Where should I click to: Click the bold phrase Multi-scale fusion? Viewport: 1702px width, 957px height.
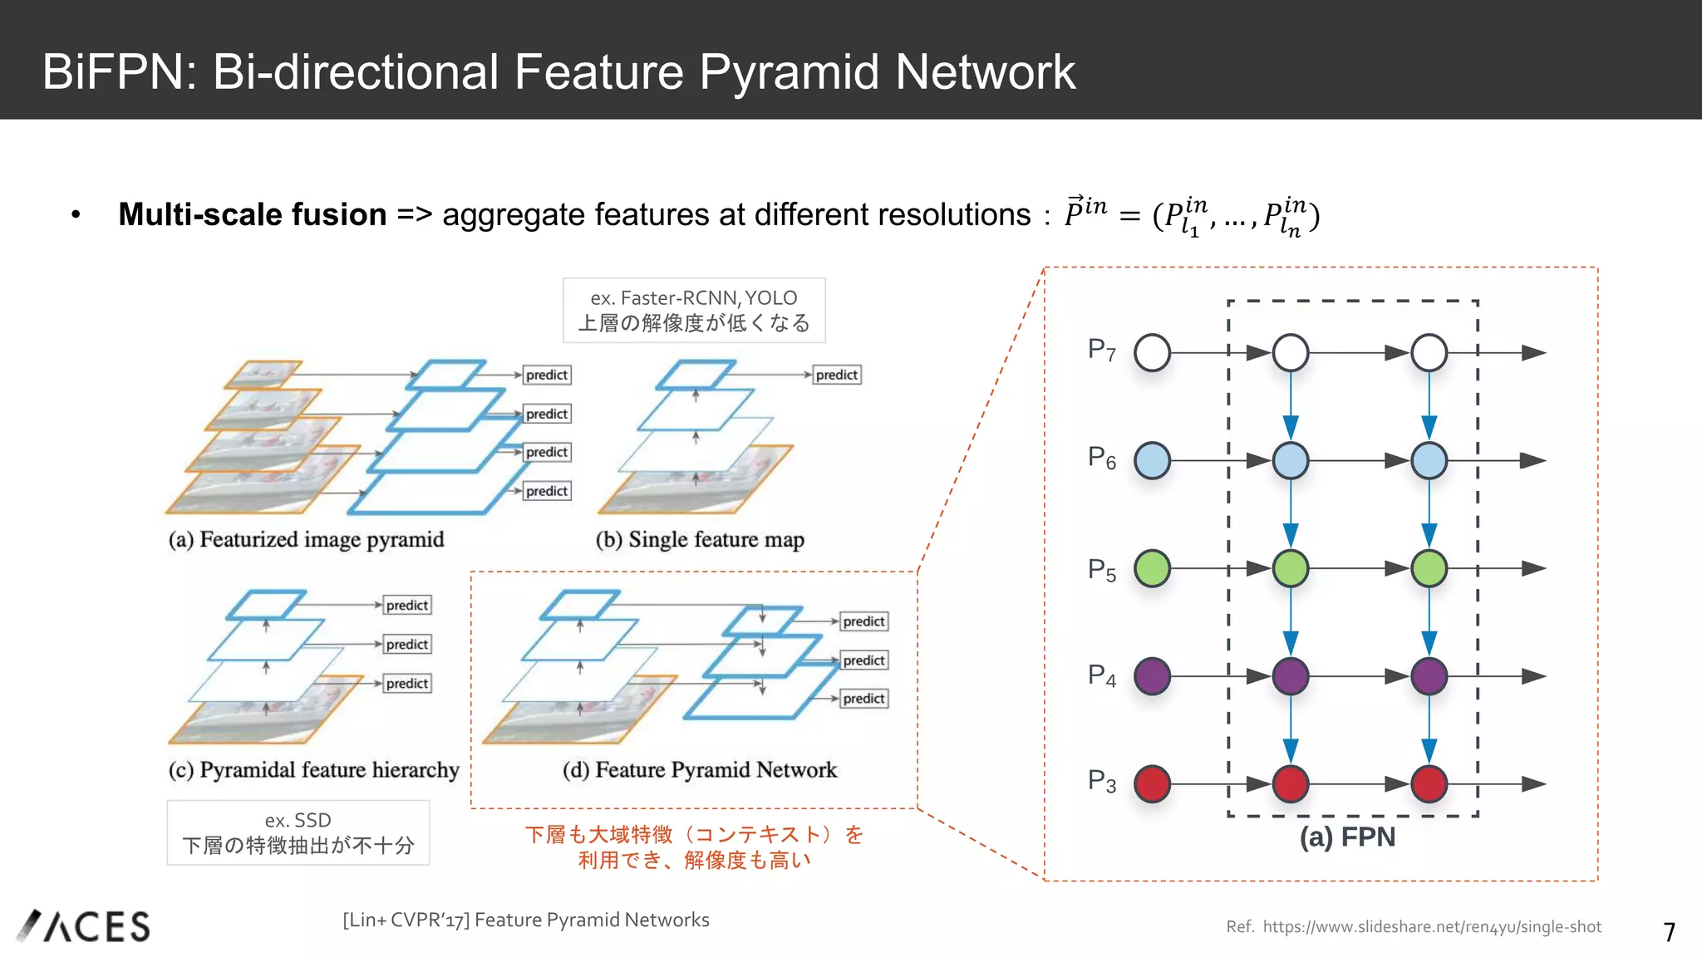pyautogui.click(x=252, y=214)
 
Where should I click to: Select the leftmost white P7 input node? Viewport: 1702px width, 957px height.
pyautogui.click(x=1152, y=352)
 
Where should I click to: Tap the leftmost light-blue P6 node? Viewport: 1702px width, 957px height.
pyautogui.click(x=1152, y=460)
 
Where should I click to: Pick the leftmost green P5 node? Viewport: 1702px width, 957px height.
pyautogui.click(x=1152, y=568)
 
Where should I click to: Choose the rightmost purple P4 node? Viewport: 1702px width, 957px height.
pyautogui.click(x=1429, y=676)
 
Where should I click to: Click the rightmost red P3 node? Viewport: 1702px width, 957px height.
pyautogui.click(x=1429, y=784)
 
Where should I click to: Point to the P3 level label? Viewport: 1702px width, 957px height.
pyautogui.click(x=1101, y=782)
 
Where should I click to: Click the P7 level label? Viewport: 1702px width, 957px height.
pyautogui.click(x=1101, y=350)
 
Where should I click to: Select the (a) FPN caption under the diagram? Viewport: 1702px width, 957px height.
pyautogui.click(x=1347, y=837)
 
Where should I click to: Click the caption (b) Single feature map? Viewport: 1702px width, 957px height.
pyautogui.click(x=700, y=540)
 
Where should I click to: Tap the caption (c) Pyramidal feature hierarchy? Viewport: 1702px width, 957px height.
pyautogui.click(x=313, y=770)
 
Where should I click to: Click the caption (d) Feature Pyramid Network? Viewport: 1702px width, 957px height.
pyautogui.click(x=700, y=770)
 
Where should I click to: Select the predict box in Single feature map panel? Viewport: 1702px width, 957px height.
pyautogui.click(x=836, y=375)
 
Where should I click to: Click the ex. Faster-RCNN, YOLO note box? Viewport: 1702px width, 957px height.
pyautogui.click(x=694, y=310)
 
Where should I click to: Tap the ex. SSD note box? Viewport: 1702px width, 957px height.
pyautogui.click(x=298, y=832)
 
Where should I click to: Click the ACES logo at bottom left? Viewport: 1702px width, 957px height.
pyautogui.click(x=84, y=926)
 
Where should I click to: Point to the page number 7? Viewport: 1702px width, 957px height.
pyautogui.click(x=1669, y=932)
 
